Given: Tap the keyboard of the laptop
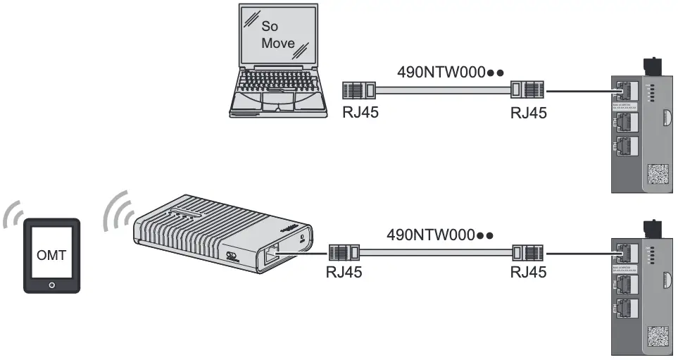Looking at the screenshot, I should [278, 96].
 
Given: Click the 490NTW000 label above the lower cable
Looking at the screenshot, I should [439, 234].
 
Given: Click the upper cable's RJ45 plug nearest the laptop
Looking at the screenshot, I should [359, 91].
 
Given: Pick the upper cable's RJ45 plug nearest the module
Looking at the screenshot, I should [527, 91].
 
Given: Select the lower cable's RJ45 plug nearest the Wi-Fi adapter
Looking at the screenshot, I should [343, 252].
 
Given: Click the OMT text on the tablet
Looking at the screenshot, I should [51, 255].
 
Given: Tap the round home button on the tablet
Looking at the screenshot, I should [51, 285].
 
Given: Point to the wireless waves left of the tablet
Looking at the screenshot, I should [12, 216].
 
